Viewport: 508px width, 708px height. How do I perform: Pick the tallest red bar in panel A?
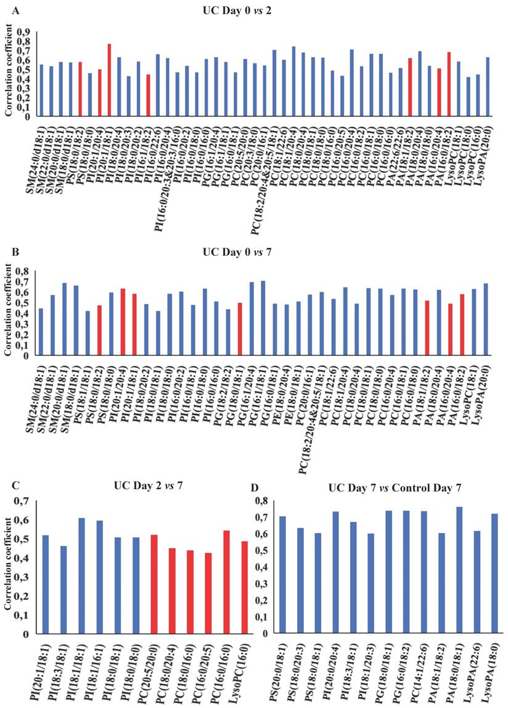[109, 80]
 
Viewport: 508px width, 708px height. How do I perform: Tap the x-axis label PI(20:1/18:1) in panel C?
[45, 669]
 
